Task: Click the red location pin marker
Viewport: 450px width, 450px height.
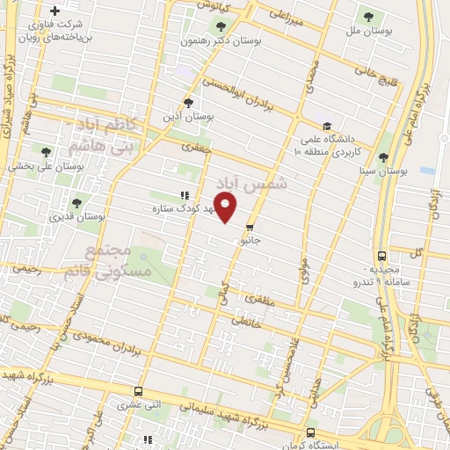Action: coord(226,208)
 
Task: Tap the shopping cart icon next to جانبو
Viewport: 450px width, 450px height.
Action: coord(250,228)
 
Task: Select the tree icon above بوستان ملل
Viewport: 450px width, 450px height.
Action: coord(367,17)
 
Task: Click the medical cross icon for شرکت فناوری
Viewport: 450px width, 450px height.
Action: coord(54,11)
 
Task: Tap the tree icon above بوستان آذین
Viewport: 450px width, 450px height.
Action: coord(187,103)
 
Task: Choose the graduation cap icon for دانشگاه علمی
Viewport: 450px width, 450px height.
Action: coord(327,127)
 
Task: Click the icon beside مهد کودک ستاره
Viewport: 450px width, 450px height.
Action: coord(184,195)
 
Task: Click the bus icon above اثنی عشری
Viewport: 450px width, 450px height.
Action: coord(137,391)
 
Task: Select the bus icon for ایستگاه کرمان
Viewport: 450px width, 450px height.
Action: coord(310,432)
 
